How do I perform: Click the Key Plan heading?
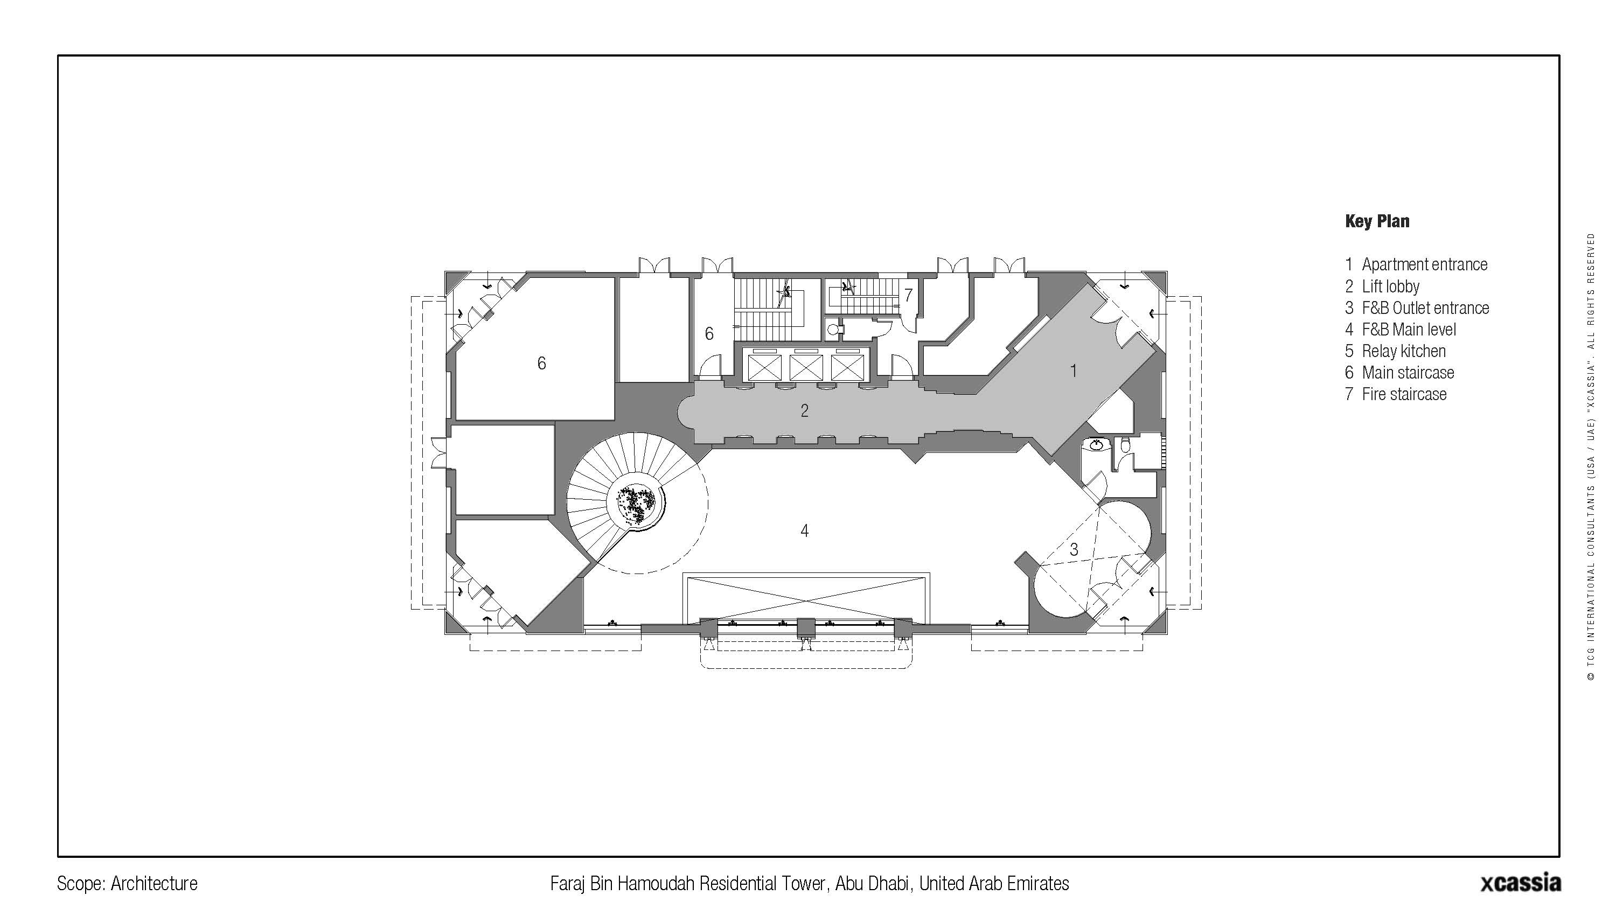point(1377,221)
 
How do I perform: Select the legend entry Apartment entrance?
point(1416,265)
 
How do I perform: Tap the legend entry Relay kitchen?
point(1395,351)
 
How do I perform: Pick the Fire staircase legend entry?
point(1396,395)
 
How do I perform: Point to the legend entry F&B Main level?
point(1400,330)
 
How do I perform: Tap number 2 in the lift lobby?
point(805,411)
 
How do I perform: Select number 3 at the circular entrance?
point(1074,549)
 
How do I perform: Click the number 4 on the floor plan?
point(805,531)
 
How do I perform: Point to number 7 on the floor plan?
point(908,296)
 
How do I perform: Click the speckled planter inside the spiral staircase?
point(636,502)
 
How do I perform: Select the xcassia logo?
point(1521,882)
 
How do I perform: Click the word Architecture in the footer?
point(154,884)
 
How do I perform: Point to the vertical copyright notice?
point(1591,457)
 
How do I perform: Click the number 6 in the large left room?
point(542,363)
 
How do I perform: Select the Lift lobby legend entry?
point(1382,286)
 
